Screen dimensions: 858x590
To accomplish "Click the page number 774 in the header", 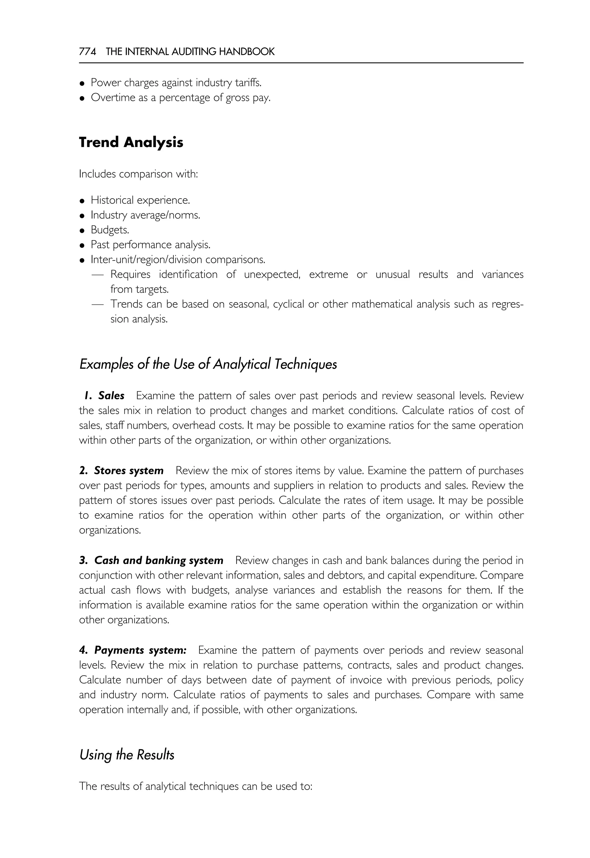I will (88, 52).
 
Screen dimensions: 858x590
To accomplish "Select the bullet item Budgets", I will (110, 230).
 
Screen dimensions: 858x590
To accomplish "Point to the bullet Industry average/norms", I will (145, 215).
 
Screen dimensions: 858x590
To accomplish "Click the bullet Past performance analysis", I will (150, 245).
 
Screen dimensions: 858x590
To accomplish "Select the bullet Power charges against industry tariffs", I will (176, 82).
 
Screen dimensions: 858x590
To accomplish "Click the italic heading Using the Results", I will (126, 755).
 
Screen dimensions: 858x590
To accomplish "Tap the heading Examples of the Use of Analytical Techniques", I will (208, 364).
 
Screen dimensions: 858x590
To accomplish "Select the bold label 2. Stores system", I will (121, 471).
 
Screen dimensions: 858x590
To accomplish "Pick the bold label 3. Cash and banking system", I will (151, 560).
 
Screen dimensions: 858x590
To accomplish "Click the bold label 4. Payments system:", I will (133, 650).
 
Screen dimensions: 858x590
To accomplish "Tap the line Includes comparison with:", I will (138, 174).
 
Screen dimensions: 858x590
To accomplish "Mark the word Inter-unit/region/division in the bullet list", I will (146, 260).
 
